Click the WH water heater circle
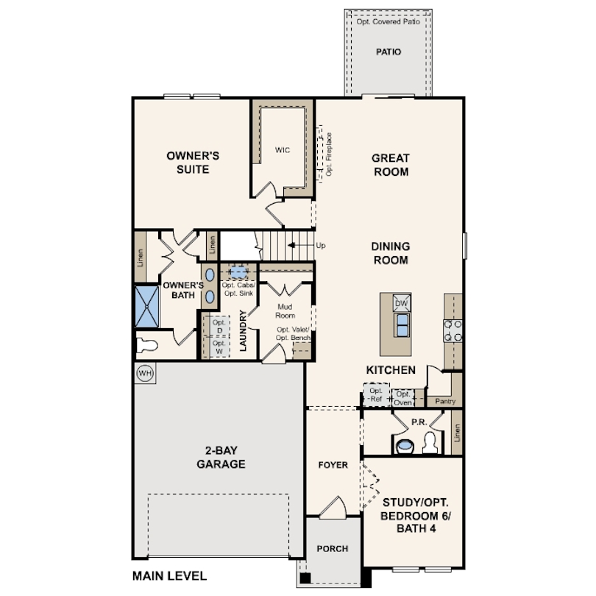coord(145,373)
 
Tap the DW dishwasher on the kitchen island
coord(402,303)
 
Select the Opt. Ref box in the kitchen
coord(376,394)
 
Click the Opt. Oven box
coord(403,398)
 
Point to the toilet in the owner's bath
coord(146,346)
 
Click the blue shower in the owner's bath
coord(147,307)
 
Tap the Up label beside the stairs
coord(321,246)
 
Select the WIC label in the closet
coord(283,150)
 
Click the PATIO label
coord(389,52)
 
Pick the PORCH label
coord(333,548)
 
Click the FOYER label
coord(333,465)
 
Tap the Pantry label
coord(445,401)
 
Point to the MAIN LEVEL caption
coord(169,576)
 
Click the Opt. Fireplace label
coord(329,154)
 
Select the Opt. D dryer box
coord(219,326)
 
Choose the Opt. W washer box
coord(219,347)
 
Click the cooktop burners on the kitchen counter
coord(453,330)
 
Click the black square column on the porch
coord(305,578)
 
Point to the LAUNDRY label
coord(243,330)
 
